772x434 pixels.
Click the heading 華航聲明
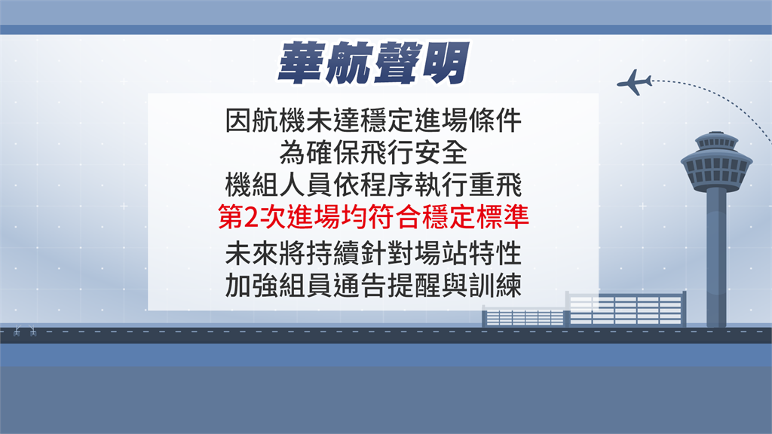[373, 63]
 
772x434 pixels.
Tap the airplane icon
[634, 82]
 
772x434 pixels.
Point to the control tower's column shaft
[716, 258]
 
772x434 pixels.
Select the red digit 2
[250, 218]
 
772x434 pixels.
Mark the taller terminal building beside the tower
[626, 309]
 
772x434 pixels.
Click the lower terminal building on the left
[524, 316]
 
